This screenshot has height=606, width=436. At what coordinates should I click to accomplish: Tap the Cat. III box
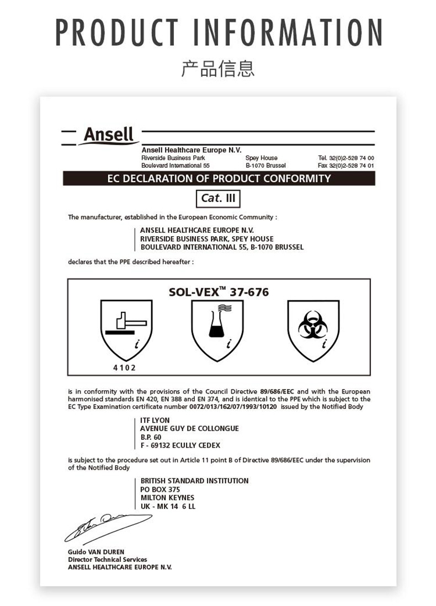tap(219, 198)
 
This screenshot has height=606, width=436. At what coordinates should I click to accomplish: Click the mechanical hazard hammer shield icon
tap(126, 329)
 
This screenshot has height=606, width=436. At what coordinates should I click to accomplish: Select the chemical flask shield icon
tap(217, 329)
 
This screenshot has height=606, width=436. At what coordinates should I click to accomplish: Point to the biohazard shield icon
tap(313, 329)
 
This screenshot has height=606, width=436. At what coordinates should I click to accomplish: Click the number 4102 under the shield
tap(124, 368)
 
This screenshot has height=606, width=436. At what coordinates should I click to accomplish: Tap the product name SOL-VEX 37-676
tap(219, 291)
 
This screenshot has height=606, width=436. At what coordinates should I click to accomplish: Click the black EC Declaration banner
tap(219, 178)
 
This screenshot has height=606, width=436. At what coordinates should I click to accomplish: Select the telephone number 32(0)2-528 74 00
tap(351, 158)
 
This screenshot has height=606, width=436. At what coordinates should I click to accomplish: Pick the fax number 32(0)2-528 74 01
tap(351, 166)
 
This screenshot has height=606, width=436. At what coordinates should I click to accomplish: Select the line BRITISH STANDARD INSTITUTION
tap(194, 481)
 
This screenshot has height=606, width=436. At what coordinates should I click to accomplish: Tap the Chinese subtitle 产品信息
tap(218, 69)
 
